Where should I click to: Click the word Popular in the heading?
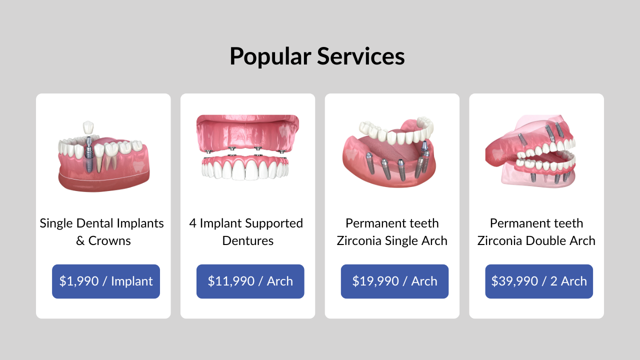(270, 56)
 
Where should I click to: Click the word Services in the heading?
(361, 56)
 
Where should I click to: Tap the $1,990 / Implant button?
(106, 281)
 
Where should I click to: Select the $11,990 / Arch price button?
(250, 281)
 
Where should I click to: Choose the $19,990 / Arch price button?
(394, 281)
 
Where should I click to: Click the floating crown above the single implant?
(88, 127)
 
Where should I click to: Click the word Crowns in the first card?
(109, 241)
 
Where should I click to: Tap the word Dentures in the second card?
(247, 241)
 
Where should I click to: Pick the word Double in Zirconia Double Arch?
(546, 241)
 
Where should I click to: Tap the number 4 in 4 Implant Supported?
(193, 223)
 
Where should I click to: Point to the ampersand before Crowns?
(80, 241)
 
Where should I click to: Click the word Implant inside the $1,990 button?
(132, 281)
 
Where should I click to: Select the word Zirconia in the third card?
(359, 241)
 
